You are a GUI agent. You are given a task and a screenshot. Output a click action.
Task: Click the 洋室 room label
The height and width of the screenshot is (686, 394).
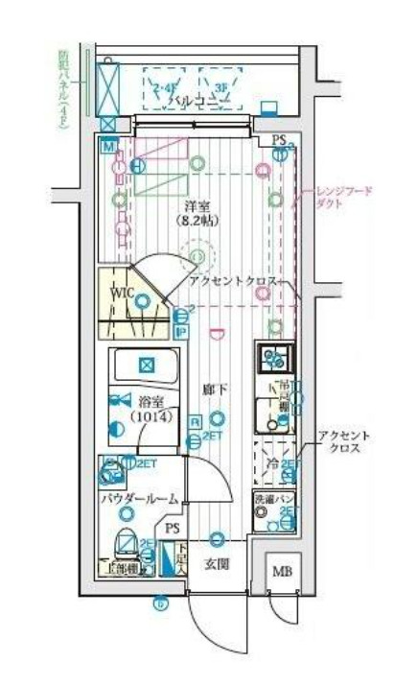pos(197,205)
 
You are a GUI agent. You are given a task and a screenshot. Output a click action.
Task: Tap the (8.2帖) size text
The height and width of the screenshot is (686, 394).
pos(197,221)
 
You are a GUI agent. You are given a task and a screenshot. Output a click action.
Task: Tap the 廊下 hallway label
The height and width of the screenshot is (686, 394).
pos(216,392)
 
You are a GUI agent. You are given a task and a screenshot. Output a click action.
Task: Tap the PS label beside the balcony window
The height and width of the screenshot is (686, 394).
pos(279,140)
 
